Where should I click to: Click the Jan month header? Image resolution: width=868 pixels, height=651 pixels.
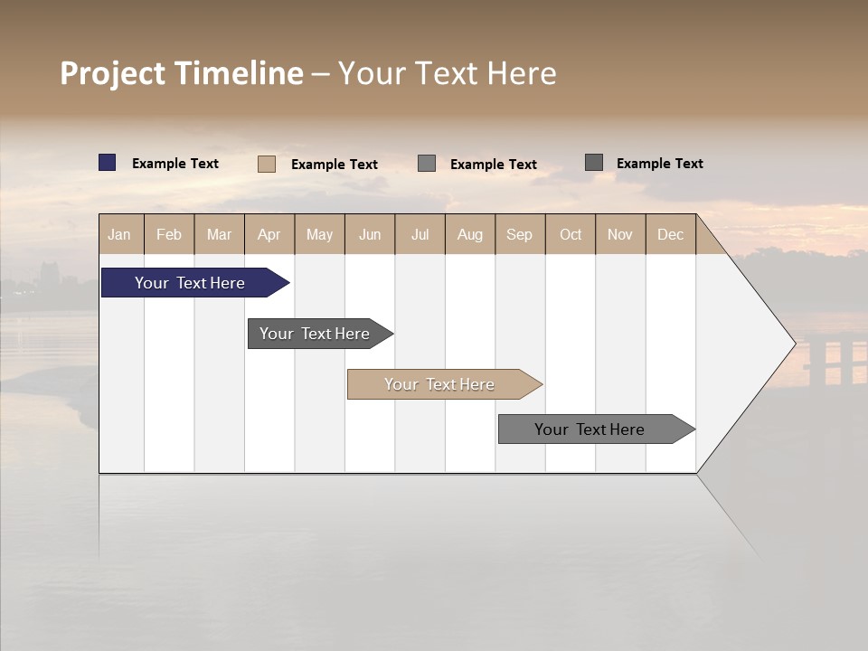[x=120, y=234]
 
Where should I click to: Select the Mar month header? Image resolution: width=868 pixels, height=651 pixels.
[x=219, y=234]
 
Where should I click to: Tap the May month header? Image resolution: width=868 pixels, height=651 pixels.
[x=319, y=234]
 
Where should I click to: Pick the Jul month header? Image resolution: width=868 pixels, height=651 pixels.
[x=420, y=234]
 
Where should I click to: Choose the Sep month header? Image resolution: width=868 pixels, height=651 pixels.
[x=519, y=234]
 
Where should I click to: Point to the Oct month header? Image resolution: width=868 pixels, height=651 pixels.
[x=571, y=234]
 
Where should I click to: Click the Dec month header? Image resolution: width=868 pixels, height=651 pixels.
[x=670, y=234]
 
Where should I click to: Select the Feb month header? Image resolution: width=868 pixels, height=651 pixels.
[x=169, y=234]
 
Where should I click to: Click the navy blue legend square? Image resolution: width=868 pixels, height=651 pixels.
[x=108, y=163]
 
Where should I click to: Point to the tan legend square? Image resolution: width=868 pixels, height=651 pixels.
[x=267, y=164]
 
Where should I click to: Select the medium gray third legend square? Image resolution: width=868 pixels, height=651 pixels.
[x=427, y=163]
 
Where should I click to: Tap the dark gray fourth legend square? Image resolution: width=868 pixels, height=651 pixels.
[x=594, y=162]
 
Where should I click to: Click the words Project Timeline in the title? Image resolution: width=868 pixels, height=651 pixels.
[x=182, y=73]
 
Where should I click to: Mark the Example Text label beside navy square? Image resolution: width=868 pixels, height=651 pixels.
[x=175, y=164]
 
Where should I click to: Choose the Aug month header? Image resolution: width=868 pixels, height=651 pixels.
[x=469, y=234]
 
